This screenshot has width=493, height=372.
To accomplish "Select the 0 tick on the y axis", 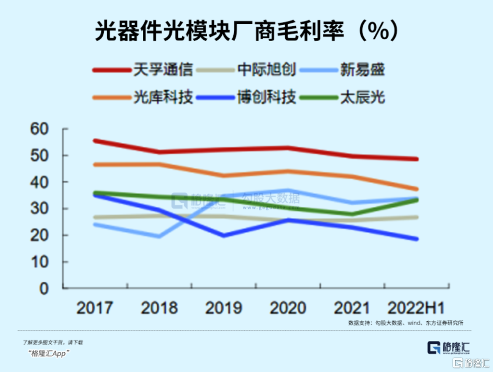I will tap(44, 288).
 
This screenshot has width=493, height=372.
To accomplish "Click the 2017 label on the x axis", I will tap(94, 308).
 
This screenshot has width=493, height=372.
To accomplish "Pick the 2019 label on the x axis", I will tap(224, 308).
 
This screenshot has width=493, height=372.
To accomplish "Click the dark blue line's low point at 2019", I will tap(224, 236).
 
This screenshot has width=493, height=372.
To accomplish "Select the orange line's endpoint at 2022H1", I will tap(416, 189).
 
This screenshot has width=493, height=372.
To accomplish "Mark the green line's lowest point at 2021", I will tap(352, 214).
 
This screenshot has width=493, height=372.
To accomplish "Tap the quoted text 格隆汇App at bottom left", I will tap(47, 354).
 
